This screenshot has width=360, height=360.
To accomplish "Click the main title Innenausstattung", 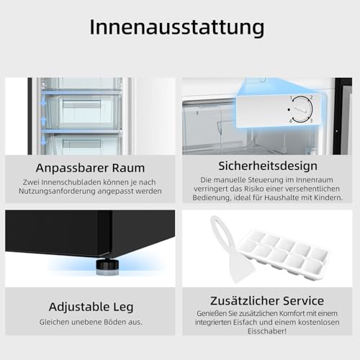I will (176, 27).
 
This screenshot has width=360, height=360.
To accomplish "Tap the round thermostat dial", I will (300, 109).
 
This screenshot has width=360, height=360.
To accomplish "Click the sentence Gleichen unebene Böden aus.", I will (90, 321).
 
